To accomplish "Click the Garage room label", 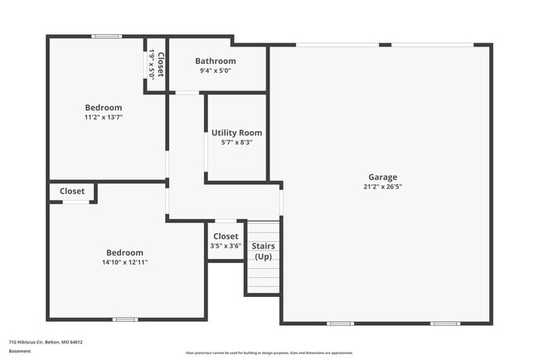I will [383, 177].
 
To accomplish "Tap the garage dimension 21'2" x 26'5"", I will [383, 187].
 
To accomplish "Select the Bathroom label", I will [216, 61].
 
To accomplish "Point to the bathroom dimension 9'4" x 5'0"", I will [216, 71].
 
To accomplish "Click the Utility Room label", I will [236, 133].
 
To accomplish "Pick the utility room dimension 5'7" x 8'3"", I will [236, 143].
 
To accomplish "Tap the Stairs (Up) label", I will [263, 251].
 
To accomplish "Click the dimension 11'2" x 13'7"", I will [104, 118].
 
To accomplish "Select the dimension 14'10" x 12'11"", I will [124, 263].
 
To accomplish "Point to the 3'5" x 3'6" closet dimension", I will [226, 246].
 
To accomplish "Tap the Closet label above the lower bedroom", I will [72, 192].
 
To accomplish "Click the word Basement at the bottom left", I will [20, 352].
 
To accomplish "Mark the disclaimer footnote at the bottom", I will [269, 353].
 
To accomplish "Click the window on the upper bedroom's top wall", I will [105, 36].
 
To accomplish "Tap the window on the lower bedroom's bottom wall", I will [124, 319].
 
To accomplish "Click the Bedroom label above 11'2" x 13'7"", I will [104, 108].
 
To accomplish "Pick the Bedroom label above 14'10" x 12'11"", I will [124, 253].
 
